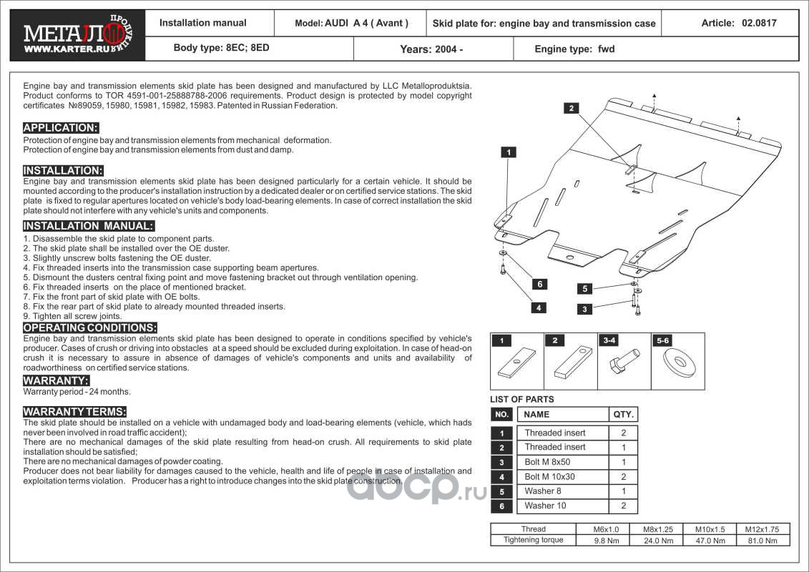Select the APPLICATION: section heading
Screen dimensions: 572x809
(61, 128)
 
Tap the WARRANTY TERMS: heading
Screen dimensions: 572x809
(74, 412)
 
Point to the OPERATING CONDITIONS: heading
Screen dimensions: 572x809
(89, 327)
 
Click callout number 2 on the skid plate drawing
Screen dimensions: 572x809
(571, 108)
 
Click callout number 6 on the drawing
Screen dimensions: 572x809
(540, 284)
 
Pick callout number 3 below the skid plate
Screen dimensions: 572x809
(585, 309)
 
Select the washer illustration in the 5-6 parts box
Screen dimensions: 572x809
(677, 362)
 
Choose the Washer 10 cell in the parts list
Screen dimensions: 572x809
(545, 506)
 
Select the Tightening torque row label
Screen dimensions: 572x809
(533, 540)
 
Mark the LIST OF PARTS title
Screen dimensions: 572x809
(521, 399)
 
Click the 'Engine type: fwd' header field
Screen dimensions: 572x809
(574, 49)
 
